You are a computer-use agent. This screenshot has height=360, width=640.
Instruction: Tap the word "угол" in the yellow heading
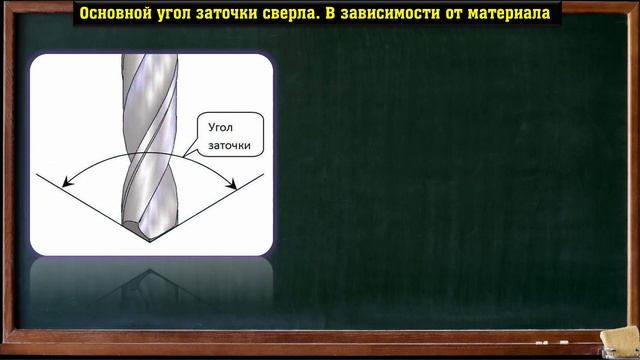[187, 13]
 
